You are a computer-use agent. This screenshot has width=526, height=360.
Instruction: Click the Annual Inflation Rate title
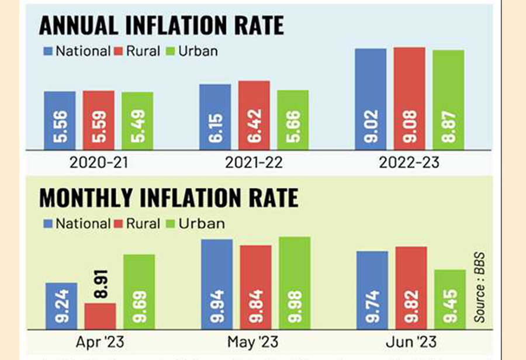click(x=161, y=26)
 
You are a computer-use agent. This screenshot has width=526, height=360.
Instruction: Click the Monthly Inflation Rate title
click(x=168, y=198)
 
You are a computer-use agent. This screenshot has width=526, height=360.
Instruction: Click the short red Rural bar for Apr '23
click(x=100, y=316)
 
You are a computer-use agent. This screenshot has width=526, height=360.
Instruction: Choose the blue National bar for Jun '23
click(x=372, y=289)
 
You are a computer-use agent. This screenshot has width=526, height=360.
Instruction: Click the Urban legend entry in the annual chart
click(x=192, y=51)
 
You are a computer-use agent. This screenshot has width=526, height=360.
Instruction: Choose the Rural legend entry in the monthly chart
click(x=140, y=223)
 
